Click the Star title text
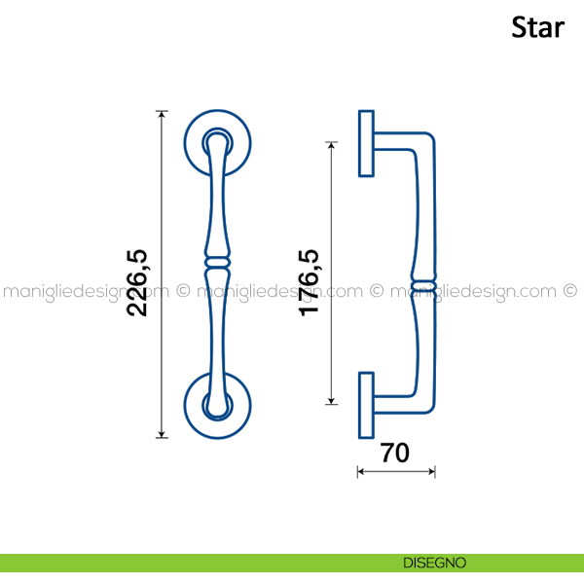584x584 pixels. click(x=537, y=27)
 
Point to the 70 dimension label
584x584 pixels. click(x=395, y=454)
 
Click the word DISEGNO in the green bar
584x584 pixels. click(x=434, y=563)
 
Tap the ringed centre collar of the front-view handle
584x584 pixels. click(x=219, y=262)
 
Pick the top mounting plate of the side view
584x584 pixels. click(x=366, y=143)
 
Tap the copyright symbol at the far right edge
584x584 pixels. click(x=571, y=290)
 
